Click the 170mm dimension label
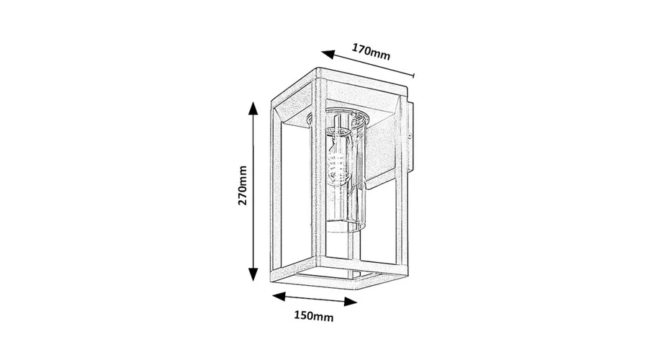click(371, 52)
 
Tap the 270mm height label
click(242, 185)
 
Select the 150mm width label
click(313, 316)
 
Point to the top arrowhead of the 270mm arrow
click(253, 108)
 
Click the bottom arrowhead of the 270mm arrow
click(253, 274)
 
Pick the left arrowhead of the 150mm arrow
click(279, 296)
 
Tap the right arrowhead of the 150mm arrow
click(351, 302)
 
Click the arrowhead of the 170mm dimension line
click(328, 54)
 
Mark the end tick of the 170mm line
click(414, 75)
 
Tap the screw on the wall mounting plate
click(409, 136)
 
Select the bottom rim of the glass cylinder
click(346, 227)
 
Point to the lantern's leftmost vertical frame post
click(275, 190)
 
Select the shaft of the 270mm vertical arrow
click(253, 192)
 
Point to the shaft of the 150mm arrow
click(315, 299)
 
